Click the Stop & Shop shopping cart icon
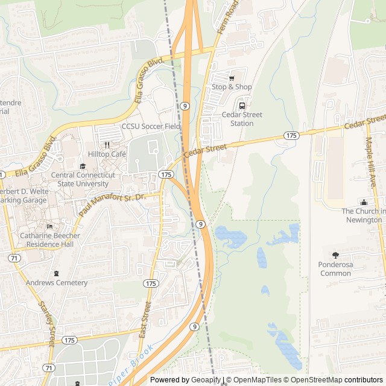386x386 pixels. tap(232, 78)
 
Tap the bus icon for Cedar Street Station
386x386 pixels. tap(242, 106)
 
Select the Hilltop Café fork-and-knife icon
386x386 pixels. tap(107, 145)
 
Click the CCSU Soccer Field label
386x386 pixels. tap(151, 127)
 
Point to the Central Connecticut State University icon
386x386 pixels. tap(83, 166)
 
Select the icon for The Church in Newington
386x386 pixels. tap(364, 202)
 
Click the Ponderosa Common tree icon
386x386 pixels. tap(335, 256)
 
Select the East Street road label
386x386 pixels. tap(145, 319)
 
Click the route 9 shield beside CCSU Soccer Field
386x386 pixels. tap(185, 106)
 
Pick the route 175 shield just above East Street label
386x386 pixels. tap(150, 283)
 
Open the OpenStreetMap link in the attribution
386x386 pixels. tap(314, 380)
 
